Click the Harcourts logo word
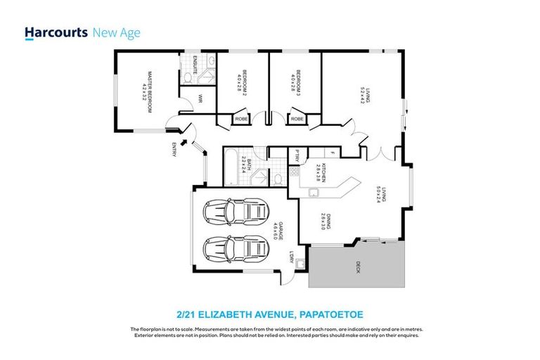[56, 32]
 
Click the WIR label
[200, 99]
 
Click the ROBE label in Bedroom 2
[240, 120]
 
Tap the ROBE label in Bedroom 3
[297, 120]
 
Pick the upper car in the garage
[236, 212]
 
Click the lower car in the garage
[236, 248]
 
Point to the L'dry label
[291, 257]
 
